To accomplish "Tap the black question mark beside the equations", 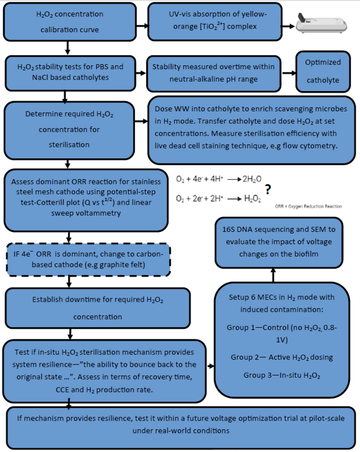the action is [268, 189].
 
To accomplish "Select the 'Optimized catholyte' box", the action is [323, 72].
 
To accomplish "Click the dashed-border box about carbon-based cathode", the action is [88, 259].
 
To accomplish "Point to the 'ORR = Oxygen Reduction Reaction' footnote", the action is [308, 206].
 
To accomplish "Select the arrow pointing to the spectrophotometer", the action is [288, 26].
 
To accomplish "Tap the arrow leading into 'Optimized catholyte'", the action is [289, 73].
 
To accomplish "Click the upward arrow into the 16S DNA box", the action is [273, 275].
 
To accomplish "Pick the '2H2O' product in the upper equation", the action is [252, 179].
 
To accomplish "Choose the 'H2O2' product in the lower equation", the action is [252, 199].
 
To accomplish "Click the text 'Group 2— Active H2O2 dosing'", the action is [281, 358].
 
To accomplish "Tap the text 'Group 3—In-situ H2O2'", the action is [281, 375].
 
